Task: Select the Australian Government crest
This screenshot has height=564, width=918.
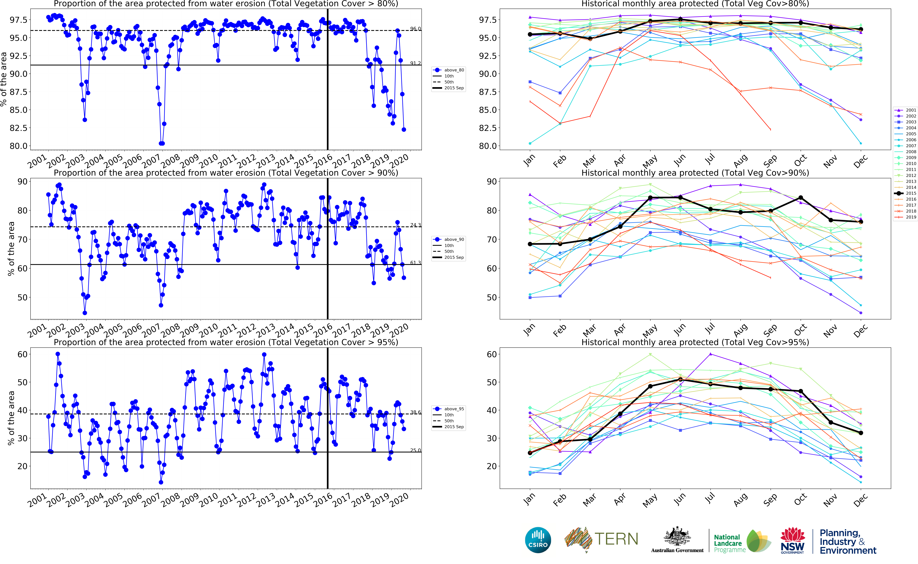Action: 677,537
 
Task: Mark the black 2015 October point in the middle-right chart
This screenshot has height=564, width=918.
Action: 801,198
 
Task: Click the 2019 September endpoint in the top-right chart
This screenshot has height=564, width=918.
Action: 770,129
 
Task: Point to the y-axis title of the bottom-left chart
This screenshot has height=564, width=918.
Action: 11,418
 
